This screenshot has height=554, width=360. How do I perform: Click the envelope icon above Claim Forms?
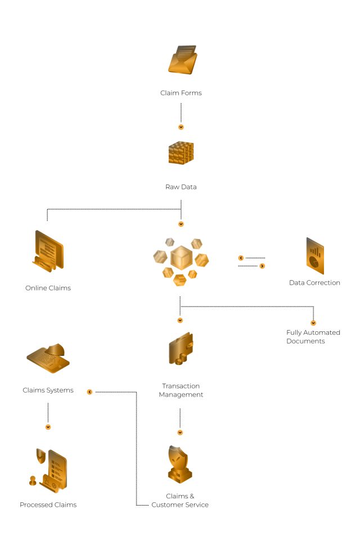pos(182,60)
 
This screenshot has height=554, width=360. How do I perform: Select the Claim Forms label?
pos(181,93)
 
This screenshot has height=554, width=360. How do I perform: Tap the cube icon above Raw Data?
pos(181,153)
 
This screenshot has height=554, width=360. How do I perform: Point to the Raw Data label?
pos(181,187)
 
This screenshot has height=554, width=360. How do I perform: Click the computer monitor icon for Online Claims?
pos(49,251)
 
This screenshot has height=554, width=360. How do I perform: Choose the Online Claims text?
pos(48,288)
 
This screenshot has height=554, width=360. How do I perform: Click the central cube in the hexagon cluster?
pos(181,257)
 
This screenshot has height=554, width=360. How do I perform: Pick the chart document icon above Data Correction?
pos(314,256)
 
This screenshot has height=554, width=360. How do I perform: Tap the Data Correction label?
pos(314,283)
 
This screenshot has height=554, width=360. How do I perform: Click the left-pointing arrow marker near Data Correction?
pos(241,258)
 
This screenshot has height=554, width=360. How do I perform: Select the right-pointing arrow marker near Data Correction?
pos(262,265)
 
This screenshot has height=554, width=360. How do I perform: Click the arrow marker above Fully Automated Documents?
pos(313,323)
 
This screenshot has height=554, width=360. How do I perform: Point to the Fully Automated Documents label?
pos(313,337)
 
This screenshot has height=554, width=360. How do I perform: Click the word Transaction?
pos(181,386)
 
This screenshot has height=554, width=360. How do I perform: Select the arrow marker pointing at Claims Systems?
pos(89,391)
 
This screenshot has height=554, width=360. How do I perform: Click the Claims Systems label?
pos(48,390)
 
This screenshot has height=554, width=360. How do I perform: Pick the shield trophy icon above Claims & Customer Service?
pos(180,465)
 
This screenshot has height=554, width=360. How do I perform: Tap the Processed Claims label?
pos(48,505)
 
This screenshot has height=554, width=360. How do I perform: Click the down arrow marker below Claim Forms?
pos(181,127)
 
